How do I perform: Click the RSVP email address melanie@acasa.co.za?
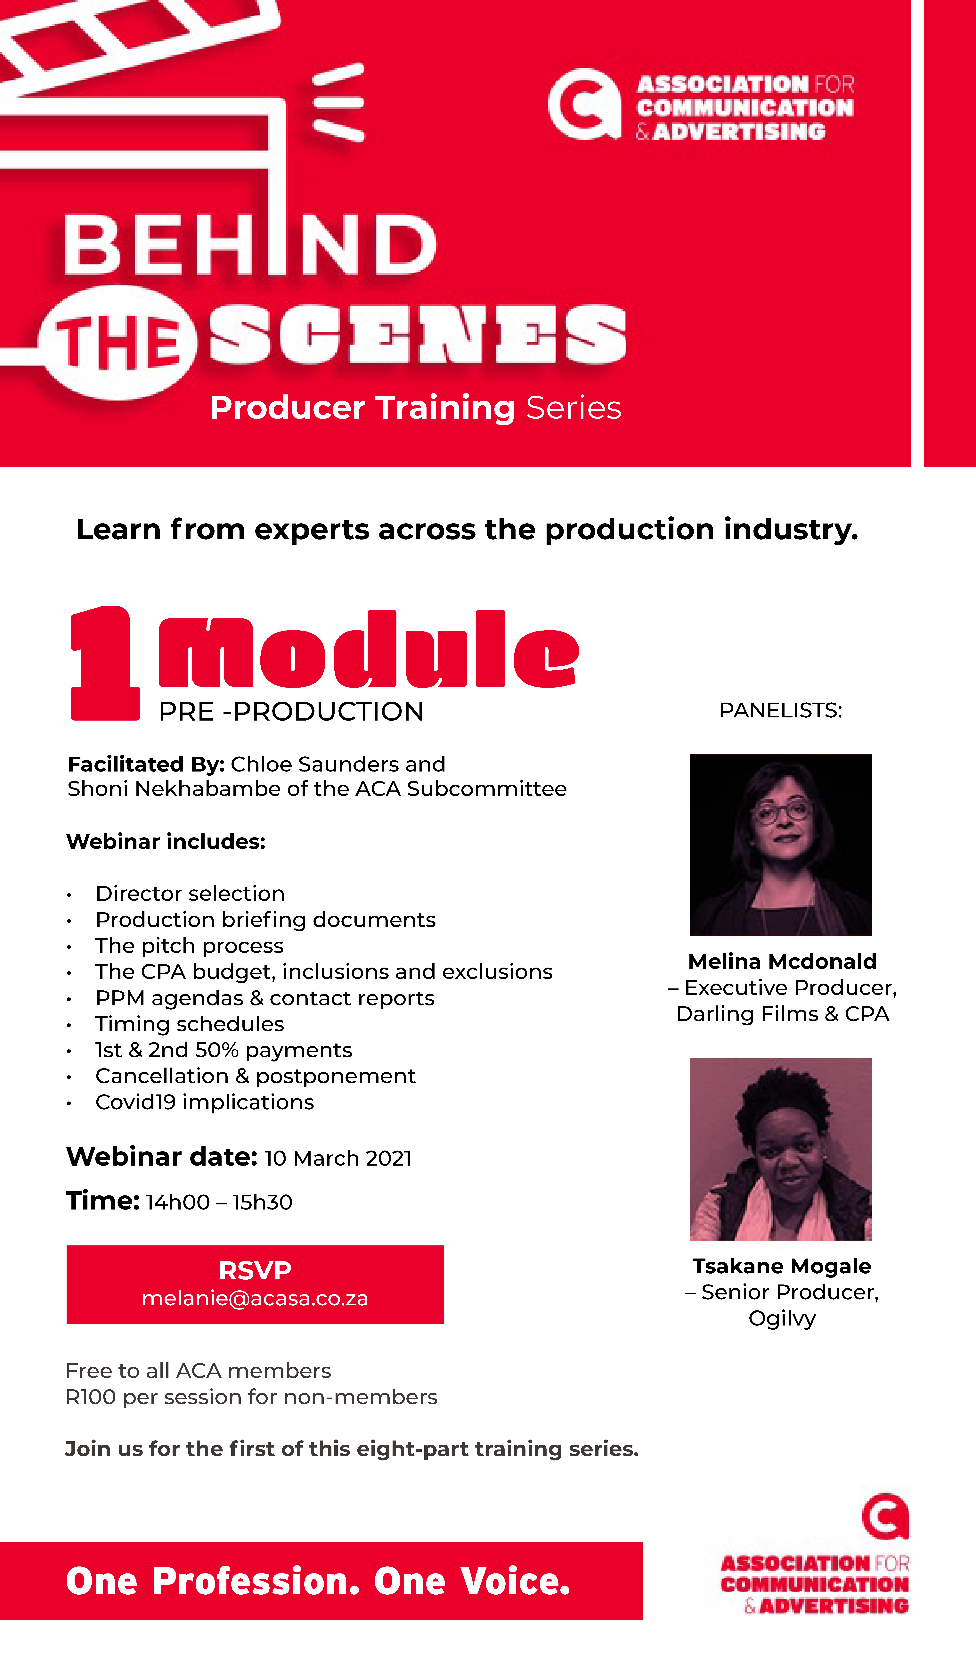click(255, 1299)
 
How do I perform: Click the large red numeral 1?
click(105, 663)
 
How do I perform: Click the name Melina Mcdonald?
click(782, 961)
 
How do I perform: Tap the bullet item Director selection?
click(190, 894)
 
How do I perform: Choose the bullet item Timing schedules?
click(190, 1024)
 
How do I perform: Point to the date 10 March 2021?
click(338, 1158)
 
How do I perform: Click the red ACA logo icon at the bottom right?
click(885, 1516)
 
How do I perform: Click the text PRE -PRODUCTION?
click(291, 712)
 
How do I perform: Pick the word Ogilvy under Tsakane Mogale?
click(782, 1318)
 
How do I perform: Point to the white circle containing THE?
click(118, 343)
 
